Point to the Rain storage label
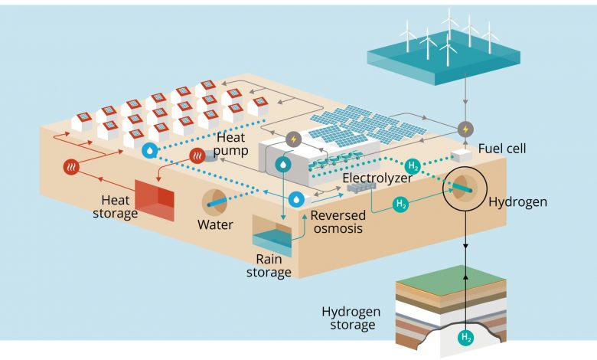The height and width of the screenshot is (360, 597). (273, 265)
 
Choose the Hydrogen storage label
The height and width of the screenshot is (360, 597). (349, 318)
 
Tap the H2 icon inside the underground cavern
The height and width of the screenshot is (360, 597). (466, 336)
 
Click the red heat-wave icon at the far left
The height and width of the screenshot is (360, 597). (71, 167)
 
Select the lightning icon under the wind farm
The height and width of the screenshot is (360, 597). (465, 127)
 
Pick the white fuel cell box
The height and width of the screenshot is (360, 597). (461, 155)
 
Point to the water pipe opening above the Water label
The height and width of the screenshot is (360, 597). (215, 201)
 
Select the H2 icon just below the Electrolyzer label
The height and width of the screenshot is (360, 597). (399, 205)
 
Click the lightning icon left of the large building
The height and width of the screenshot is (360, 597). (294, 139)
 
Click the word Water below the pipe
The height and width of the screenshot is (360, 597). (215, 225)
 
